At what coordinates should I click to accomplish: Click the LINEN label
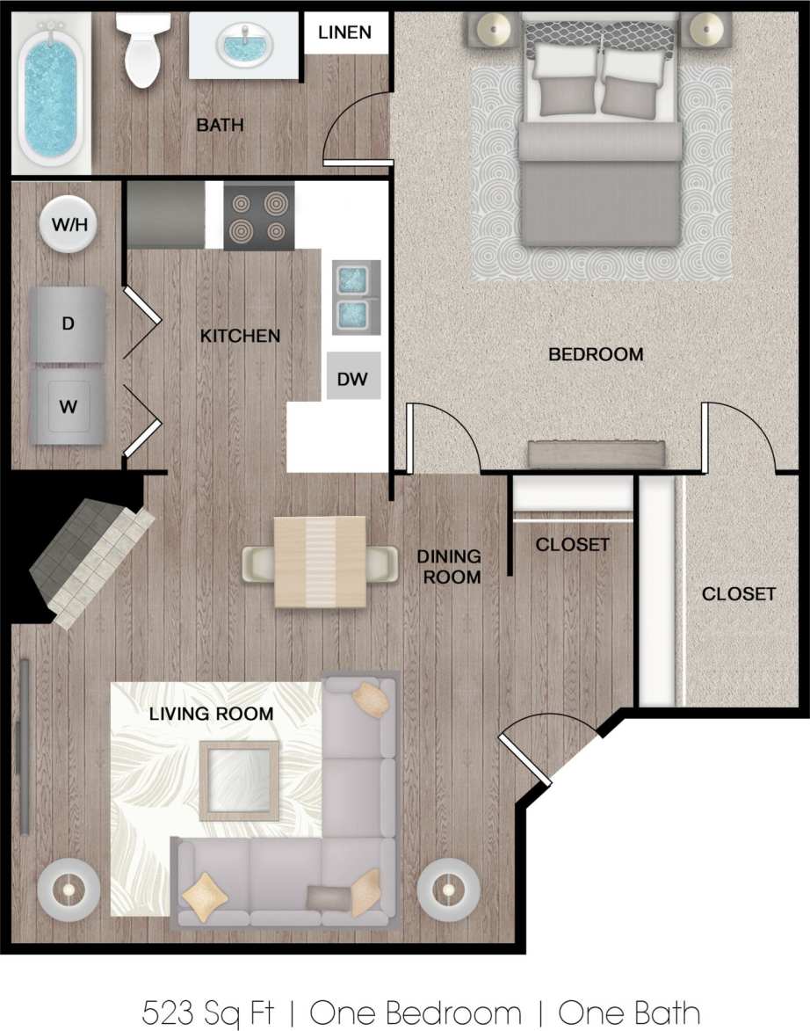(344, 33)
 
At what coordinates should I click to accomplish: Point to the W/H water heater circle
(69, 224)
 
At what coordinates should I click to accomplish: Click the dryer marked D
(68, 323)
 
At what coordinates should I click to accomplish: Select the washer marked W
(68, 407)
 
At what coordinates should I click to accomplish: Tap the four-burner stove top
(258, 217)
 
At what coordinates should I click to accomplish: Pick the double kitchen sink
(356, 296)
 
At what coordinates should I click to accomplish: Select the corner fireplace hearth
(88, 563)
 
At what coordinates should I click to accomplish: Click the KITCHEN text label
(240, 336)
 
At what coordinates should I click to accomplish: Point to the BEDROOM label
(596, 354)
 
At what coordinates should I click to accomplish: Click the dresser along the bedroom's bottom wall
(597, 454)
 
